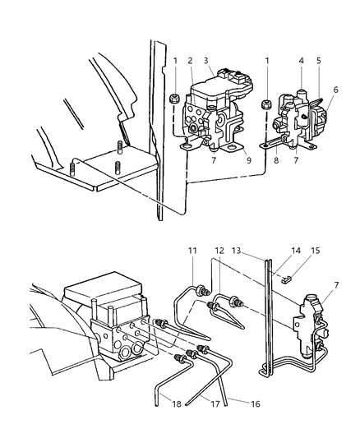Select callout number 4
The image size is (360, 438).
302,61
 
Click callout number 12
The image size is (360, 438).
219,250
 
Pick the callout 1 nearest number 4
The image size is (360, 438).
268,61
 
